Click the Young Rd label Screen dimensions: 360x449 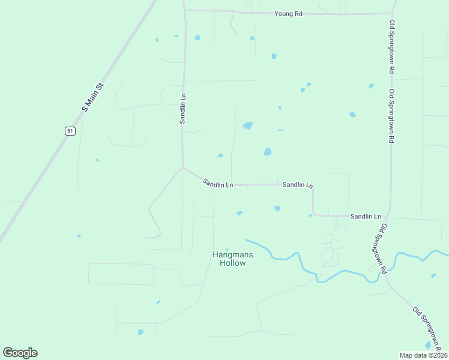(288, 13)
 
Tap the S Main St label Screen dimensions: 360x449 (92, 97)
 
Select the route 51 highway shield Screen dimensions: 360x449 (70, 131)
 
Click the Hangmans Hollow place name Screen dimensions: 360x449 (233, 259)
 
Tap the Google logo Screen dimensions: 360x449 (20, 353)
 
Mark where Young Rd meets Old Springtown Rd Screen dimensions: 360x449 (393, 13)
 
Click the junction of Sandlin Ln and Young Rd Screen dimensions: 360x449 (185, 10)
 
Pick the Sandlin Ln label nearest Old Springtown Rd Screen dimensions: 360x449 (366, 216)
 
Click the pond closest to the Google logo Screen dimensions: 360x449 (140, 332)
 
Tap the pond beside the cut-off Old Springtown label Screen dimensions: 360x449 (428, 345)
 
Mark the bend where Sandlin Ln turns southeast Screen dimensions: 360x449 (182, 167)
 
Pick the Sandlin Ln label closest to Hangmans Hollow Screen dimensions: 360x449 (217, 183)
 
